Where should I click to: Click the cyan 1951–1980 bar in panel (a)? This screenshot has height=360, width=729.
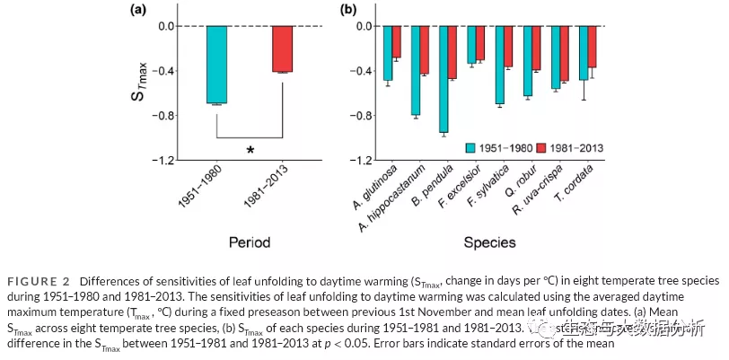tap(216, 65)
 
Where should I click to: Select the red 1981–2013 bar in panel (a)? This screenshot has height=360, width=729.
tap(282, 48)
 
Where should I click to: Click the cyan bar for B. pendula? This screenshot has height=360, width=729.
tap(444, 79)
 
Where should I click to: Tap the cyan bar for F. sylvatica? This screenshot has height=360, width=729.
tap(499, 65)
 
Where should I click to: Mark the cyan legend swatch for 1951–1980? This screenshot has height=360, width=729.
tap(471, 146)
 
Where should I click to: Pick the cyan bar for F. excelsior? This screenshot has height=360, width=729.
tap(471, 44)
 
